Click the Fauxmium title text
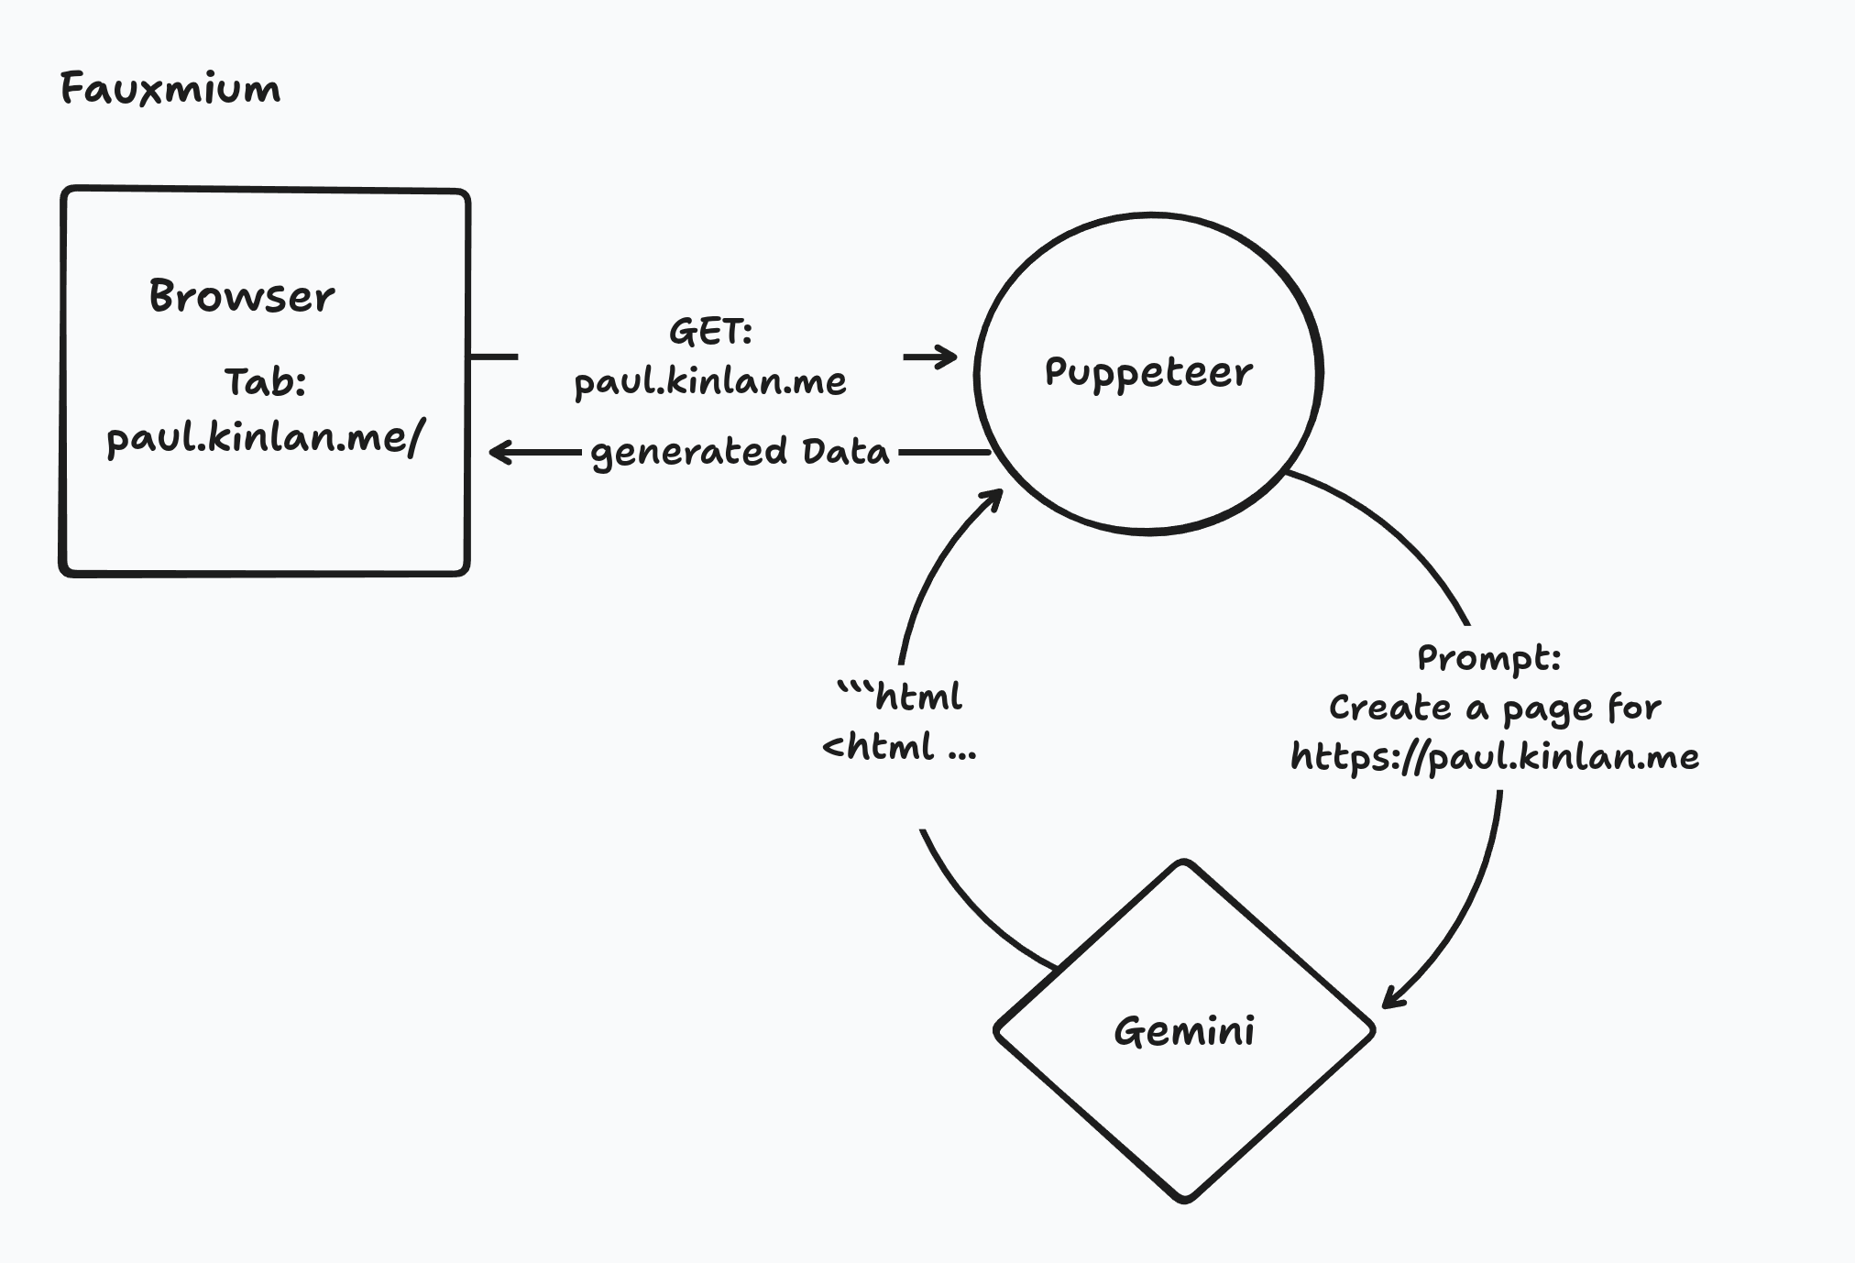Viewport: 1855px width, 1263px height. [x=170, y=89]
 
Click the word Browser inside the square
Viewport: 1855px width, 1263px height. [x=242, y=296]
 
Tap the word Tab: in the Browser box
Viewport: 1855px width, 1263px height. [x=265, y=382]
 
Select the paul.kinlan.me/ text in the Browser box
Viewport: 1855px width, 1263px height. [x=266, y=437]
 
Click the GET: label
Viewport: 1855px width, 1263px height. [x=710, y=331]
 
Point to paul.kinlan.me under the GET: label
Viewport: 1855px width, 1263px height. [x=710, y=381]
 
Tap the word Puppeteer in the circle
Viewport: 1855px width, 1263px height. [x=1148, y=372]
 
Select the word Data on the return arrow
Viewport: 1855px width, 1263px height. [x=845, y=451]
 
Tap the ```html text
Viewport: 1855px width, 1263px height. [x=900, y=697]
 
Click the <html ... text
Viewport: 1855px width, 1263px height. [x=899, y=747]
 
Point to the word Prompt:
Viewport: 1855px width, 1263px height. [x=1488, y=657]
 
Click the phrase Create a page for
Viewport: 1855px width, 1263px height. [x=1495, y=708]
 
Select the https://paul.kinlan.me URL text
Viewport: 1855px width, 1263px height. [x=1495, y=757]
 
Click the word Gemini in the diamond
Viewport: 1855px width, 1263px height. [x=1184, y=1031]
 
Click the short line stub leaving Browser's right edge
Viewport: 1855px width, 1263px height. [x=494, y=357]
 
